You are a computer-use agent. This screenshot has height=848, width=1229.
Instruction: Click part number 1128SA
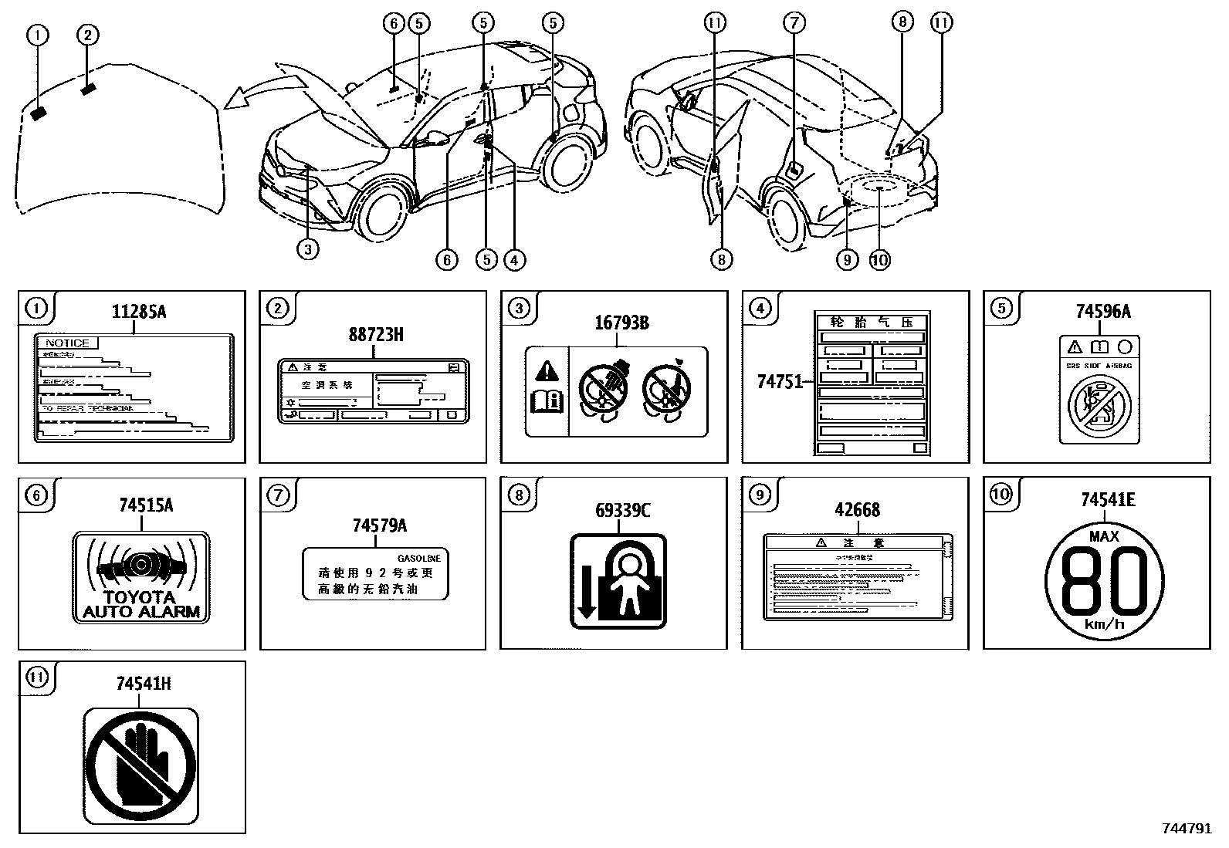tap(139, 313)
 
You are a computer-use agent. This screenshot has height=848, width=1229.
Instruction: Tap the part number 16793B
tap(615, 323)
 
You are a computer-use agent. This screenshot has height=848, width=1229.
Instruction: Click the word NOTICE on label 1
tap(67, 343)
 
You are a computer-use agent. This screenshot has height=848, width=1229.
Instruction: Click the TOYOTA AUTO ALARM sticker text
tap(141, 604)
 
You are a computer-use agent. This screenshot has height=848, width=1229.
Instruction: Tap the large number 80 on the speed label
tap(1103, 578)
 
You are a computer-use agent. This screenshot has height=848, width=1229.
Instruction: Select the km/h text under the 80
tap(1103, 624)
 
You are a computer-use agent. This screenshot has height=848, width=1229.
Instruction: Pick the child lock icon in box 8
tap(618, 581)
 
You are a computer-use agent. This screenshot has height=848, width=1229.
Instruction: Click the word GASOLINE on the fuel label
tap(418, 558)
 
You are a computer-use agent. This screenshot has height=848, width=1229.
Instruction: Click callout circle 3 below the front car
tap(307, 250)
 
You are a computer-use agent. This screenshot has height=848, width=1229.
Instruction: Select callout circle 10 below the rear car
tap(879, 260)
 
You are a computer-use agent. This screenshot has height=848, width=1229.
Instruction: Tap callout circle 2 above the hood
tap(87, 35)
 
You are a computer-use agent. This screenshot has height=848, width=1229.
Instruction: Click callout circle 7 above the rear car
tap(794, 22)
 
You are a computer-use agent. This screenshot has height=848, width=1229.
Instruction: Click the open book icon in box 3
tap(547, 402)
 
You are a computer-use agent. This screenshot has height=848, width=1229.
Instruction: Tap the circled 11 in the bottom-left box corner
tap(37, 678)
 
